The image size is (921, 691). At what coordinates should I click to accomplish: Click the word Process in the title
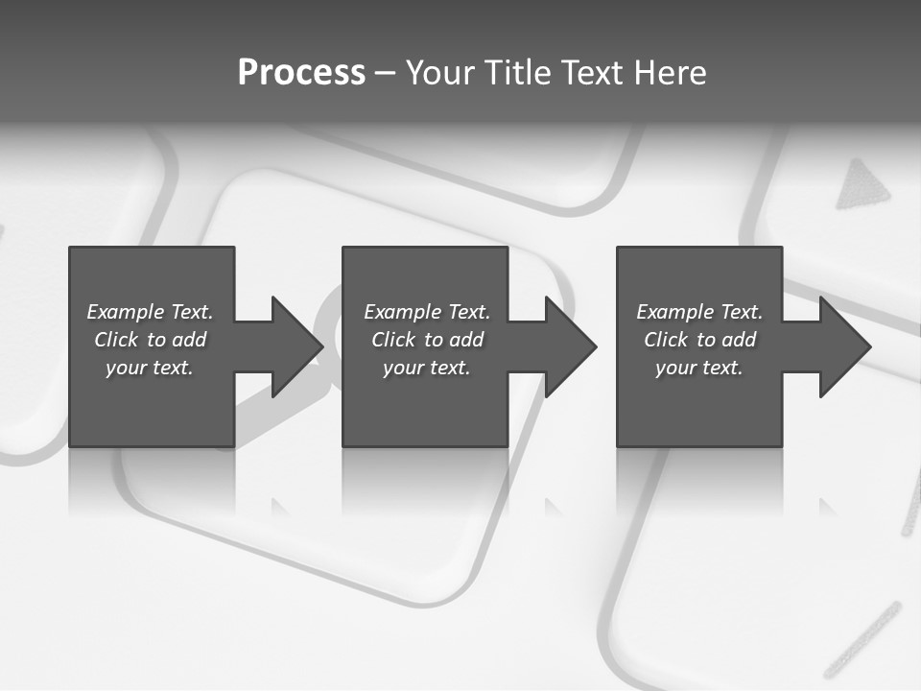coord(301,73)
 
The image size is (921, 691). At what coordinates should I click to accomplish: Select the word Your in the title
coord(440,73)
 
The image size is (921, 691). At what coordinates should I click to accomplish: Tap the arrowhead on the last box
coord(843,346)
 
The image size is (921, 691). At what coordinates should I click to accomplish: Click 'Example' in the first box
coord(126,312)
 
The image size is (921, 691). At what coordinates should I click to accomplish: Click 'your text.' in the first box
coord(150,368)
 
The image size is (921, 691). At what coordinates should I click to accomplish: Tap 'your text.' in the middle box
coord(427,368)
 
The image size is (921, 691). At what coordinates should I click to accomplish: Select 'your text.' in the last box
coord(699,368)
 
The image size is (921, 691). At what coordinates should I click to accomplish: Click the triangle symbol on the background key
coord(862,186)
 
